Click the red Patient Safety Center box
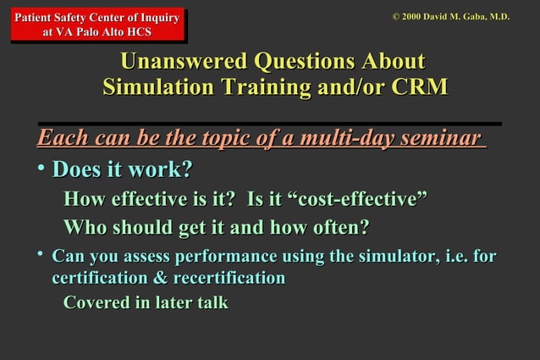tap(96, 25)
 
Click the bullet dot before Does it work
tap(41, 169)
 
